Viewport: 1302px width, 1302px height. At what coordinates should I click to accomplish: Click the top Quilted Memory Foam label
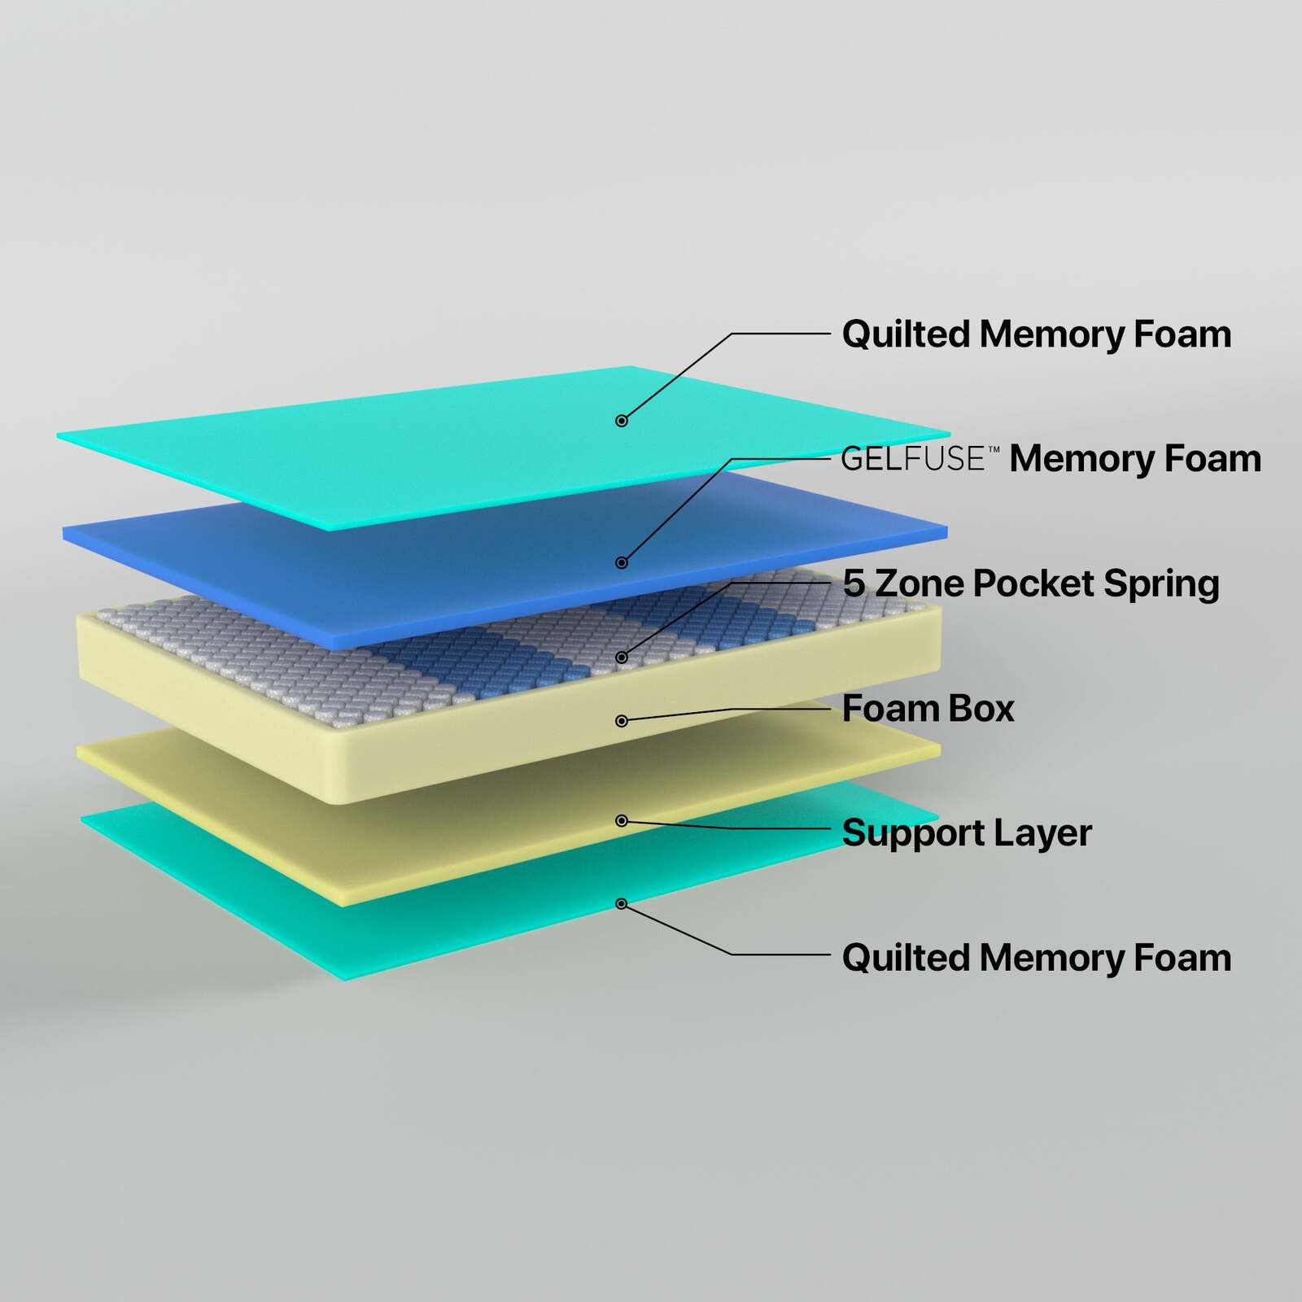coord(1036,335)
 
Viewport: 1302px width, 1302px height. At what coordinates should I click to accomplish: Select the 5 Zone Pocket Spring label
coord(1031,583)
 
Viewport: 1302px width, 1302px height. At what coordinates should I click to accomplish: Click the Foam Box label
coord(928,708)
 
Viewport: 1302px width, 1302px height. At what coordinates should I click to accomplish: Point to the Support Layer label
coord(967,833)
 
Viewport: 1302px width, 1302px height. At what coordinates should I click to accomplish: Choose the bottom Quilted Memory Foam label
coord(1036,958)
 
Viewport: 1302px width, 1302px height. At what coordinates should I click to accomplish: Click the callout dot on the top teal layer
coord(622,421)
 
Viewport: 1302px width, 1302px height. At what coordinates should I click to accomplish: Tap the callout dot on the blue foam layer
coord(622,562)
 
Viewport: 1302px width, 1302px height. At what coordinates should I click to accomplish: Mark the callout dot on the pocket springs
coord(622,657)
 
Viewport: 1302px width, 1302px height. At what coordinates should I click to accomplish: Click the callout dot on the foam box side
coord(622,720)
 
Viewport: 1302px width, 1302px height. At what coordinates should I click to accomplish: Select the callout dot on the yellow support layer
coord(622,820)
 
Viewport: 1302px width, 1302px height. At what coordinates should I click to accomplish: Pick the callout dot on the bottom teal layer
coord(622,903)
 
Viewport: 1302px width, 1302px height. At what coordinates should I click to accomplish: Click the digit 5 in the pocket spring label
coord(854,583)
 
